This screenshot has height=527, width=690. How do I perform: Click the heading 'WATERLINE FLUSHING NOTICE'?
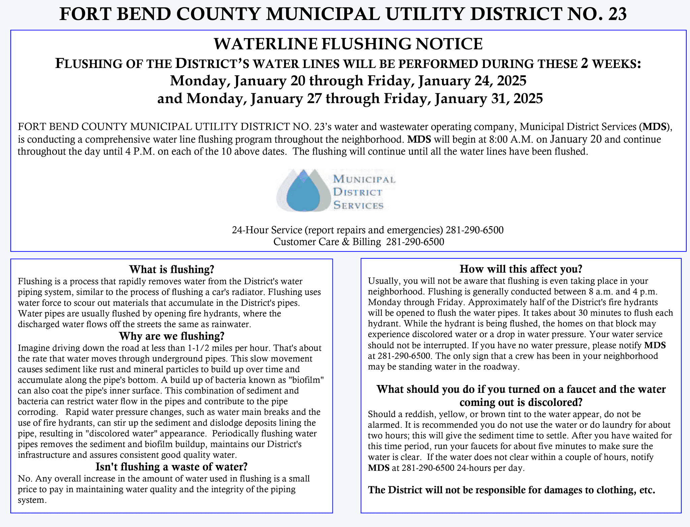(348, 44)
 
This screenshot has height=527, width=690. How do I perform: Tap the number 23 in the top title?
(617, 14)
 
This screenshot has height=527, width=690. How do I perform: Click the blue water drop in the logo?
(303, 194)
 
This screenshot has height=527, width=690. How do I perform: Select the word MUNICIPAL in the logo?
(364, 179)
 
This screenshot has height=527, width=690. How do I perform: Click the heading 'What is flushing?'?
(172, 269)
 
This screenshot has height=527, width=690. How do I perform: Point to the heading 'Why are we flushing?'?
(171, 336)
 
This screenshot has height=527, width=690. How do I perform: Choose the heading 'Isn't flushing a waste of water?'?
(171, 466)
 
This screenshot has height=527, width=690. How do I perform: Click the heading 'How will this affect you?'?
(521, 269)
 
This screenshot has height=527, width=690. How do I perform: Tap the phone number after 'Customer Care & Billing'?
(415, 242)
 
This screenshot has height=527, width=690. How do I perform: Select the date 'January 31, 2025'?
(489, 99)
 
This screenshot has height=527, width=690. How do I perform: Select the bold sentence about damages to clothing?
(511, 490)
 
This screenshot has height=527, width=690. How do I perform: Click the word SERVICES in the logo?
(358, 205)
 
